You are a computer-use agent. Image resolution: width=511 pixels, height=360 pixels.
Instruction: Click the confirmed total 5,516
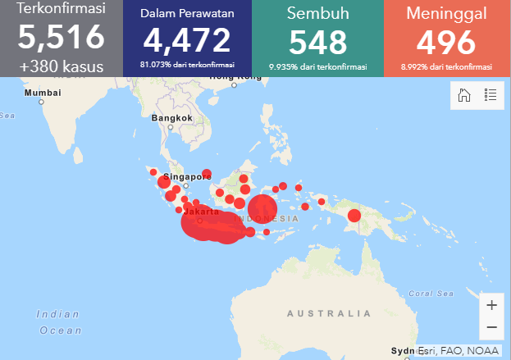[61, 38]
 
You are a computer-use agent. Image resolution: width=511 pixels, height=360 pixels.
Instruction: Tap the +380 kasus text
[61, 66]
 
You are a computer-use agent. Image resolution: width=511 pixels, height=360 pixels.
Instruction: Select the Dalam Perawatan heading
[187, 14]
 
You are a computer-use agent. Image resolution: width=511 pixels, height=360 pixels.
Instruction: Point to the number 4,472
[187, 40]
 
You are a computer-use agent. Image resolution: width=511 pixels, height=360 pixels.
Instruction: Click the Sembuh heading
[318, 13]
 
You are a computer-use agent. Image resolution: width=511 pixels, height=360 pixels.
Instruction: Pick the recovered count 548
[318, 42]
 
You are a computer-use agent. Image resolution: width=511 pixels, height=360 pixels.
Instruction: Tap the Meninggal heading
[446, 13]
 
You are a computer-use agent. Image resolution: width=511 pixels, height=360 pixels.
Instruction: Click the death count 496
[446, 42]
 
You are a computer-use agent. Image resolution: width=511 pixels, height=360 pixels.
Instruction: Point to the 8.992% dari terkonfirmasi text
[446, 66]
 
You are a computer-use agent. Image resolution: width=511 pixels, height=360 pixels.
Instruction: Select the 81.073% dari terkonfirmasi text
[187, 63]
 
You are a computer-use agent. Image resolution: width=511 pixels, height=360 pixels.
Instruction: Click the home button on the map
[464, 95]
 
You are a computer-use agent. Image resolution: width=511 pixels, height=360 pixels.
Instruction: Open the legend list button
[490, 95]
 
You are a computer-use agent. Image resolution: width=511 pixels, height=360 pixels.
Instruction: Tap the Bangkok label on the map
[172, 118]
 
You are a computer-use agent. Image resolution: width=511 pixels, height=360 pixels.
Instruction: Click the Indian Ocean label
[59, 322]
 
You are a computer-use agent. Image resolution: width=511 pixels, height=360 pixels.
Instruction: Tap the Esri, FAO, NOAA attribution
[458, 351]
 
